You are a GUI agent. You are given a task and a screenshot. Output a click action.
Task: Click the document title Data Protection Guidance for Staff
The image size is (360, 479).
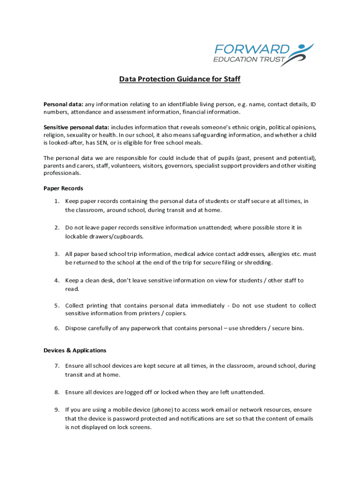coord(180,79)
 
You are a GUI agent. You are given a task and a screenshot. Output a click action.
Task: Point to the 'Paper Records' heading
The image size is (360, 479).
coord(63,188)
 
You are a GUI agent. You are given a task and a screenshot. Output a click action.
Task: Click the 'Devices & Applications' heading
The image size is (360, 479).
coord(75,350)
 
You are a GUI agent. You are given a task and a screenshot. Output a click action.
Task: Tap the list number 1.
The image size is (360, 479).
coord(56,201)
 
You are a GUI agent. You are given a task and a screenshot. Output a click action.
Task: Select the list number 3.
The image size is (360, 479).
coord(56,254)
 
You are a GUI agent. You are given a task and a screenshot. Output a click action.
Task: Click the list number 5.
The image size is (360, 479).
coord(56,305)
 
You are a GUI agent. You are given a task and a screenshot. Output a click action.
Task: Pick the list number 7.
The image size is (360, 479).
coord(56,366)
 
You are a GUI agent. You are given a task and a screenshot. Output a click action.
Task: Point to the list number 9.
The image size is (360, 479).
coord(56,410)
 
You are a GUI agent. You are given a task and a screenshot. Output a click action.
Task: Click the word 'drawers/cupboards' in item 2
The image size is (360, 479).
coord(91,236)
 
